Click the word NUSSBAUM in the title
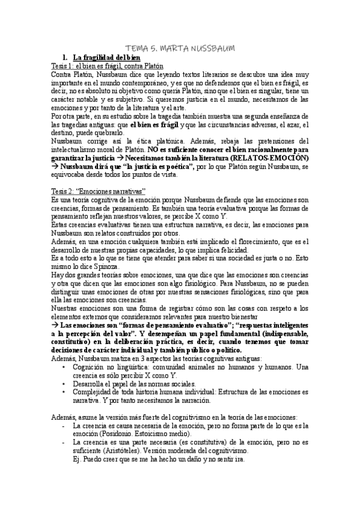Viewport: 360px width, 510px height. (x=213, y=48)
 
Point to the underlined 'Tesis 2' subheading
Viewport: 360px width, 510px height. (x=63, y=190)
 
